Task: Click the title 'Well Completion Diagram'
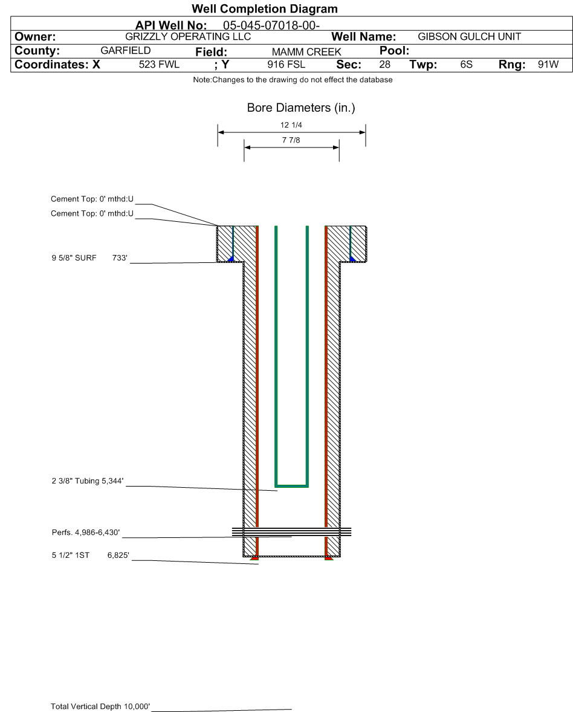pyautogui.click(x=265, y=8)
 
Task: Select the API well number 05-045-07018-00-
pyautogui.click(x=271, y=25)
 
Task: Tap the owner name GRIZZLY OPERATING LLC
pyautogui.click(x=188, y=36)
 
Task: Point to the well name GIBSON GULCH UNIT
pyautogui.click(x=470, y=36)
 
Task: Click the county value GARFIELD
pyautogui.click(x=126, y=50)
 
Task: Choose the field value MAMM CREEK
pyautogui.click(x=306, y=52)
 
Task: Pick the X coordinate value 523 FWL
pyautogui.click(x=160, y=65)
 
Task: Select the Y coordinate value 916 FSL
pyautogui.click(x=286, y=65)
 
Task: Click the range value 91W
pyautogui.click(x=548, y=65)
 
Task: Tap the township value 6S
pyautogui.click(x=466, y=65)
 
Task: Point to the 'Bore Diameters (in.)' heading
pyautogui.click(x=301, y=108)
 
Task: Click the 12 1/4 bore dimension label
pyautogui.click(x=291, y=125)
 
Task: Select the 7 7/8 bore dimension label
pyautogui.click(x=291, y=140)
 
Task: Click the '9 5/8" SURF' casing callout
pyautogui.click(x=74, y=258)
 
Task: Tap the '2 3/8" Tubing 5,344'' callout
pyautogui.click(x=88, y=481)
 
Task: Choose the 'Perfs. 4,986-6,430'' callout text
pyautogui.click(x=86, y=532)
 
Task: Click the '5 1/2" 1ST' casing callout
pyautogui.click(x=70, y=555)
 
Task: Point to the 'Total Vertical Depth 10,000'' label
pyautogui.click(x=100, y=706)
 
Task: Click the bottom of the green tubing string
pyautogui.click(x=291, y=486)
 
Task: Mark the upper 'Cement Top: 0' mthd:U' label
pyautogui.click(x=92, y=199)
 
